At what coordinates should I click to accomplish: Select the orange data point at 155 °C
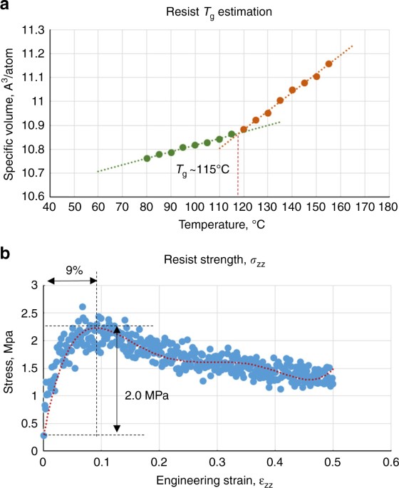(328, 63)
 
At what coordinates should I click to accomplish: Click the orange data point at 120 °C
(244, 129)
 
